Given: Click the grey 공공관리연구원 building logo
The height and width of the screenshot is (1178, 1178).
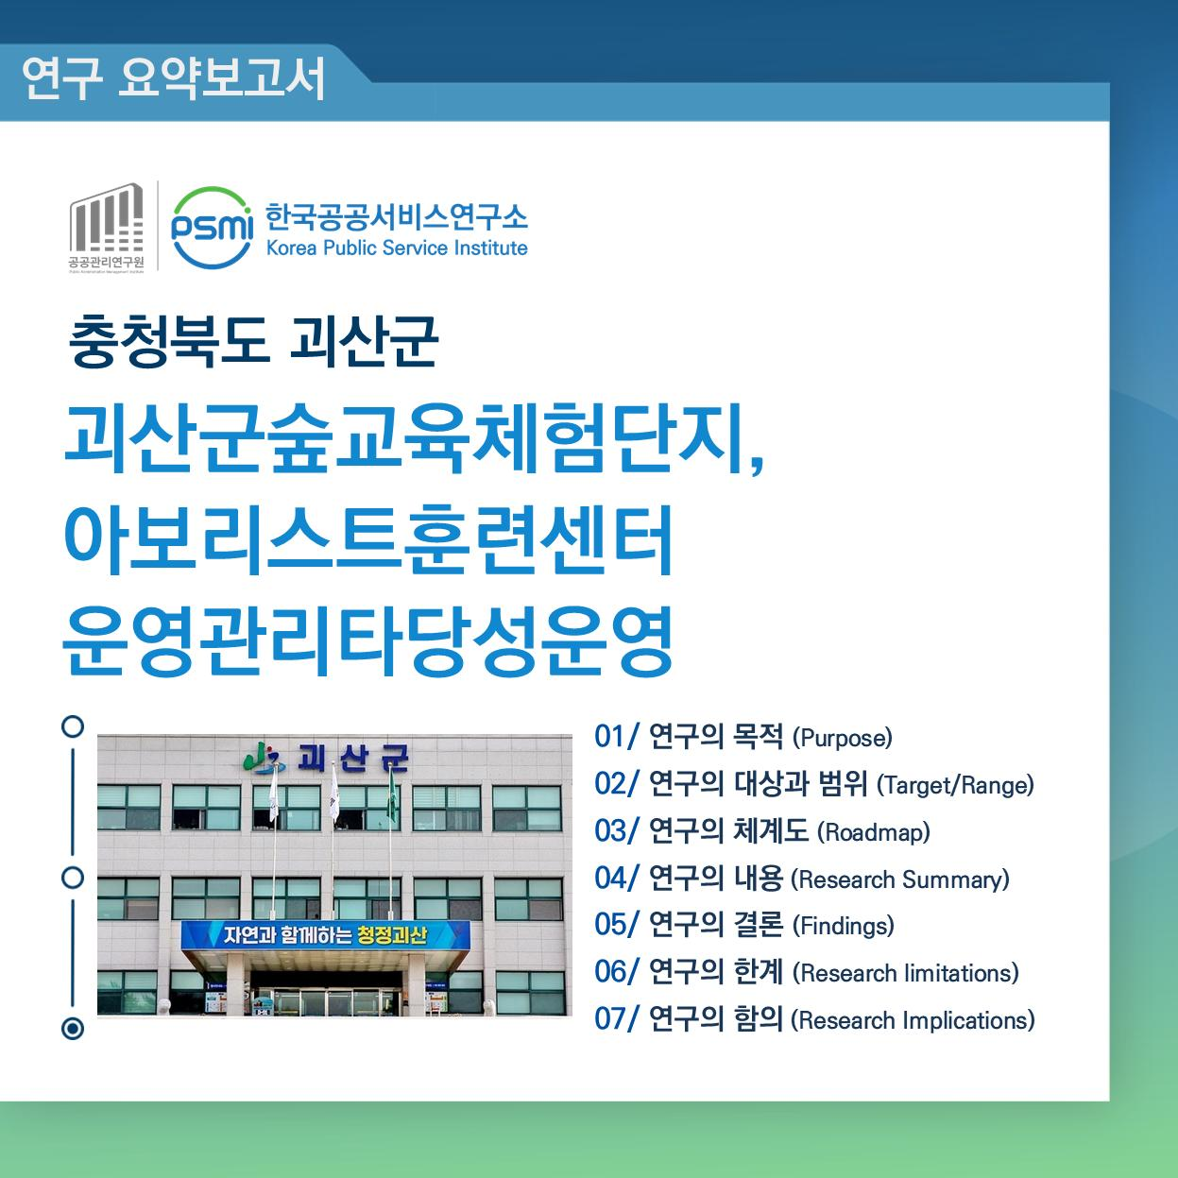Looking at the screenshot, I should [106, 226].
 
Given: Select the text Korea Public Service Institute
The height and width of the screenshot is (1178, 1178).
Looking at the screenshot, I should [397, 248].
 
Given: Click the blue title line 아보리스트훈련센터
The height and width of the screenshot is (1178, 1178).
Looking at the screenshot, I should [368, 541].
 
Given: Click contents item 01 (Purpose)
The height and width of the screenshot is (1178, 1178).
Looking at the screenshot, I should [743, 737].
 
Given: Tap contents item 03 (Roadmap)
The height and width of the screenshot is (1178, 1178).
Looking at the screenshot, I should [762, 831].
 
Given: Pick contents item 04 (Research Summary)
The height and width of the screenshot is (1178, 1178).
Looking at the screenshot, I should [802, 879].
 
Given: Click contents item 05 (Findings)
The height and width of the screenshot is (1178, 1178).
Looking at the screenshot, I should [744, 925].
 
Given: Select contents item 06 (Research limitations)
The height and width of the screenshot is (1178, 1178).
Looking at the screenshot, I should [807, 972].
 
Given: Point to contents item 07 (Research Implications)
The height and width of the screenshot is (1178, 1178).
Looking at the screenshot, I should [814, 1019].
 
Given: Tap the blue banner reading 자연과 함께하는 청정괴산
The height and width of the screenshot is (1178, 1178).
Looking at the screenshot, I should [325, 936].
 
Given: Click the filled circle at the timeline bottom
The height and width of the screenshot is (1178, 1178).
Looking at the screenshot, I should [73, 1028].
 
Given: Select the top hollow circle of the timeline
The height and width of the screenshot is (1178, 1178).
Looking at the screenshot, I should [73, 726].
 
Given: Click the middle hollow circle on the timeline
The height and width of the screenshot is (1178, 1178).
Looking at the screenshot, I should [73, 877].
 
